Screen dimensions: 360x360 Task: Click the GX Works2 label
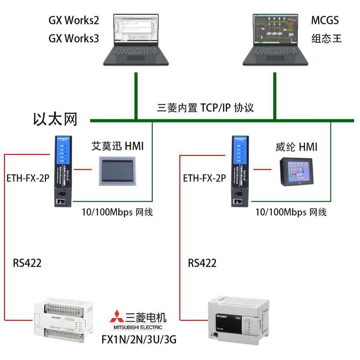pos(73,21)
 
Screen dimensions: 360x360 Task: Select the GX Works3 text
pos(73,38)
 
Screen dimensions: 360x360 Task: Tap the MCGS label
pos(324,21)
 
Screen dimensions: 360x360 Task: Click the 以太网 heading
pos(55,119)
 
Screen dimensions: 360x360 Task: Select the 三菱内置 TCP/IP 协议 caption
pos(205,108)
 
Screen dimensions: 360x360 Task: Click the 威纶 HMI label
pos(296,147)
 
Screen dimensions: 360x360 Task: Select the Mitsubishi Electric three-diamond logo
pos(117,317)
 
